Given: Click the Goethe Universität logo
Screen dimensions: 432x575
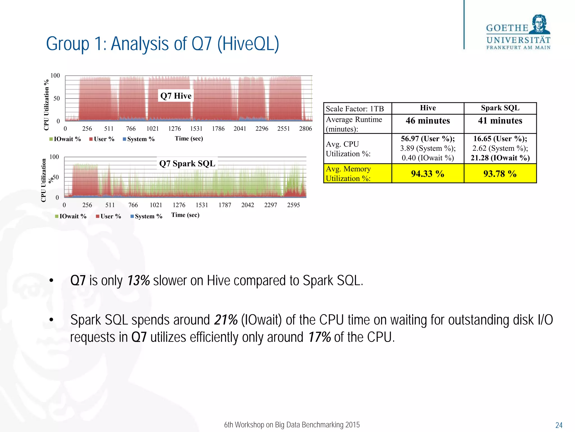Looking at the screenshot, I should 518,33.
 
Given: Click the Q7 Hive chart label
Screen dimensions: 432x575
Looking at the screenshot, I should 176,96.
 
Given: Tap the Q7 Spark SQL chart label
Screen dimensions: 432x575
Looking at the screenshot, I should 187,163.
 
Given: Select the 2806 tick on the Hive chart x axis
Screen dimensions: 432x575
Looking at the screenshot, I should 305,129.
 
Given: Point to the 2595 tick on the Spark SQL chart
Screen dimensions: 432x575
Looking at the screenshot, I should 293,205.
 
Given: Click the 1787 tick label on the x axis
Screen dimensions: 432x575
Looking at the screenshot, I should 225,205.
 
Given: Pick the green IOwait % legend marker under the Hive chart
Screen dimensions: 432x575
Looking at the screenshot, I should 51,139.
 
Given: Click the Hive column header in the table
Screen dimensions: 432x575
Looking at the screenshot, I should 428,108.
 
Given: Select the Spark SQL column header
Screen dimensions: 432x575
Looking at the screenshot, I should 500,108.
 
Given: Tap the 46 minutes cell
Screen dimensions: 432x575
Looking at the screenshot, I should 428,121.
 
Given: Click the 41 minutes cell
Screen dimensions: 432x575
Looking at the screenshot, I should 500,121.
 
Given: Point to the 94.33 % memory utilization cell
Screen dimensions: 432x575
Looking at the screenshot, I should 428,174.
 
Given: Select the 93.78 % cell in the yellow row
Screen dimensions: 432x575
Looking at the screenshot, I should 500,174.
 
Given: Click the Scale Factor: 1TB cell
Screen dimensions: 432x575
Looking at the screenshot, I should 355,109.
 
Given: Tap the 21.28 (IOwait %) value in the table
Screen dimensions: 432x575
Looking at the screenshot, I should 500,158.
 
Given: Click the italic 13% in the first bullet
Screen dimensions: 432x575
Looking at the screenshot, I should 138,281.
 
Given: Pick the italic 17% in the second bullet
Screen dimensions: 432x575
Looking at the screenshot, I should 320,337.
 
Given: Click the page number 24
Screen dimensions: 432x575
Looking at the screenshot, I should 559,425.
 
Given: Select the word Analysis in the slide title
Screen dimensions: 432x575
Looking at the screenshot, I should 149,44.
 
